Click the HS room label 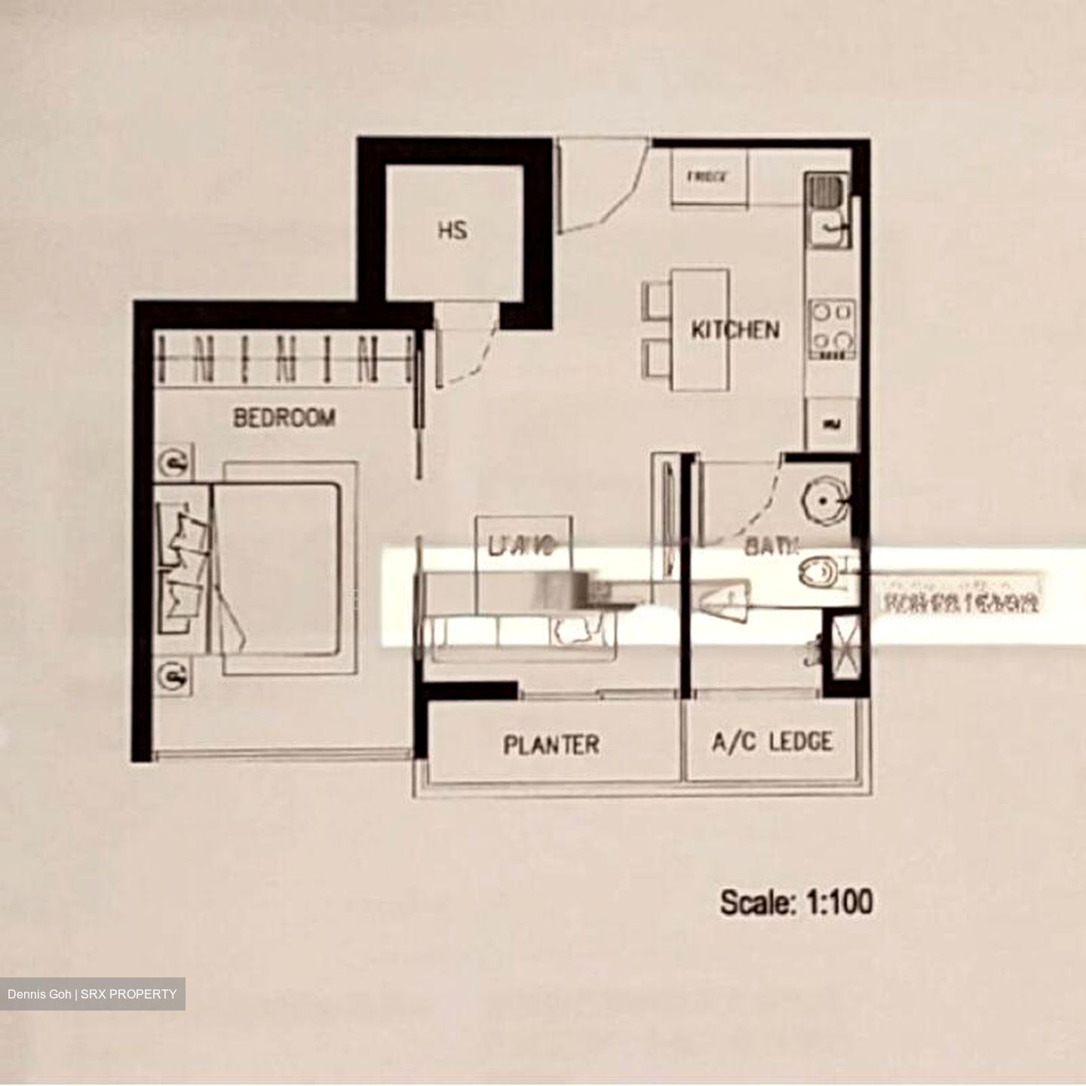[x=452, y=229]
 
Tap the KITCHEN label [x=735, y=330]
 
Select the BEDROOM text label [x=284, y=417]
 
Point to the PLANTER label [x=551, y=744]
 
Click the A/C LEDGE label [x=772, y=742]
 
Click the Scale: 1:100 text [x=796, y=902]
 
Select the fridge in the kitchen [x=709, y=177]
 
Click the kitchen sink [x=829, y=210]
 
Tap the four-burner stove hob [x=832, y=329]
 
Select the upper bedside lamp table [x=176, y=462]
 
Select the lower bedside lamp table [x=176, y=673]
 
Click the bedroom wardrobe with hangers [x=284, y=359]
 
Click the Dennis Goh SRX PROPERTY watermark [x=92, y=994]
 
